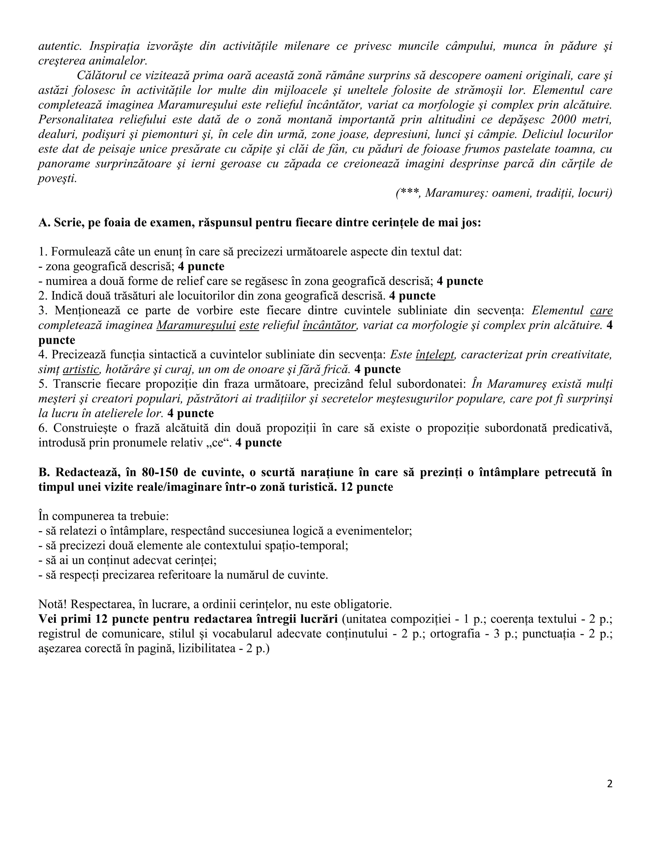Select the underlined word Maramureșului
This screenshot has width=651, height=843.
point(196,325)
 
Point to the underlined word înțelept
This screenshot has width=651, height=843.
point(435,355)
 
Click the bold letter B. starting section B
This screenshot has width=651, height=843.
point(44,472)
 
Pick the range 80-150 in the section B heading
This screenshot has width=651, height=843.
point(161,472)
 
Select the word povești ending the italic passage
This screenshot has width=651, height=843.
point(57,179)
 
